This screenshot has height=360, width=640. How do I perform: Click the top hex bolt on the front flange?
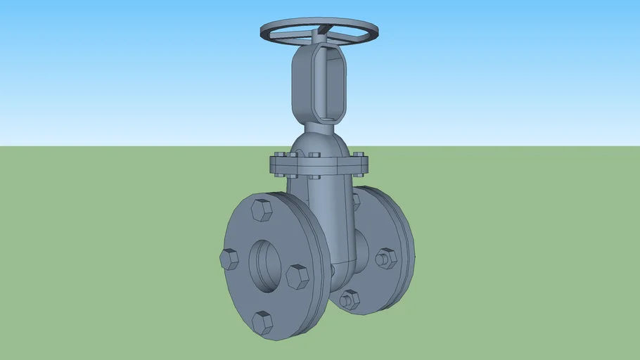click(x=262, y=210)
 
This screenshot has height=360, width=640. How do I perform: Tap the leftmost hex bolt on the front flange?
click(x=229, y=259)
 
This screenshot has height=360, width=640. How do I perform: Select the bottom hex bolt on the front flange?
click(x=262, y=322)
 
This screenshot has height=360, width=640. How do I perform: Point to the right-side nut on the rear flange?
click(x=385, y=259)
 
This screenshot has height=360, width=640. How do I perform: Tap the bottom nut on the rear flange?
click(x=349, y=300)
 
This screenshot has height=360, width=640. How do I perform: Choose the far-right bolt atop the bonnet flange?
click(x=359, y=155)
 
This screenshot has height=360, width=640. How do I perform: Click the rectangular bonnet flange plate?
click(x=318, y=166)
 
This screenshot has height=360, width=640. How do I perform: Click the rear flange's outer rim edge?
click(x=406, y=232)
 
